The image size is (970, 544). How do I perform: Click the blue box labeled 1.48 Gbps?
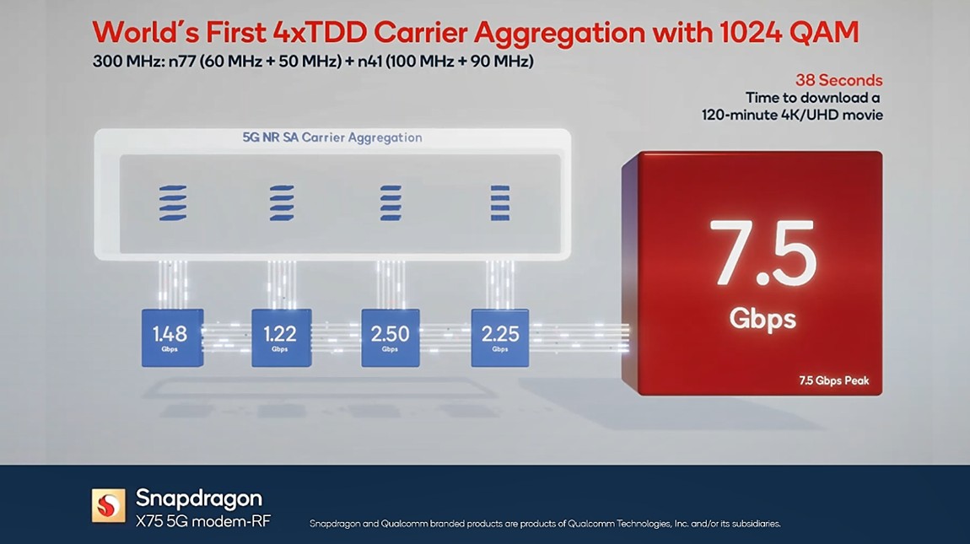click(x=172, y=337)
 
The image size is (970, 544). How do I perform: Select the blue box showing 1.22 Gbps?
click(x=281, y=337)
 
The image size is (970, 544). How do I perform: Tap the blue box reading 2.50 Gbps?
click(x=390, y=337)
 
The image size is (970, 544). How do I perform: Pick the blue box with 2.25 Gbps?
click(x=500, y=337)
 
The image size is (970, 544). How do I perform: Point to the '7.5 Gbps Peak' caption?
click(x=833, y=380)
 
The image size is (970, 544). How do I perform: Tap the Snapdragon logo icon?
click(x=108, y=504)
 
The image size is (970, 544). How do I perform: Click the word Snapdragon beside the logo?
click(x=199, y=497)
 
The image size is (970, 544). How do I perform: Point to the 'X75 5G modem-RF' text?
click(x=203, y=521)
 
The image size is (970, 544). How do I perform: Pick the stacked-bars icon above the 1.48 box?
click(x=172, y=203)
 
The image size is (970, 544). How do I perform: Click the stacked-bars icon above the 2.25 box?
click(x=500, y=203)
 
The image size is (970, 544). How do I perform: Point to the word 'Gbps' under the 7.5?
click(x=763, y=318)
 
